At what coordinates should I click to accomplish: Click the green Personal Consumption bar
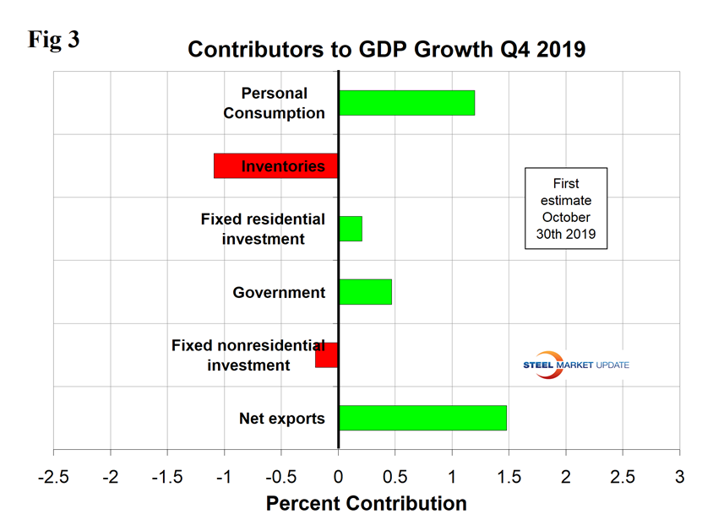pos(406,103)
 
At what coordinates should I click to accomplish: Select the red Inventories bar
pos(275,166)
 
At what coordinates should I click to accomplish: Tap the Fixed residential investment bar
pos(351,229)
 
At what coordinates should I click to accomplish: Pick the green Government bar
pos(365,292)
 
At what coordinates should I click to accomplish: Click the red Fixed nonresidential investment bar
pos(327,355)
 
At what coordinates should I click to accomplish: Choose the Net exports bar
pos(422,418)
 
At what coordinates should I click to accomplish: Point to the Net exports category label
pos(282,418)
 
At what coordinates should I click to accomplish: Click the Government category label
pos(279,293)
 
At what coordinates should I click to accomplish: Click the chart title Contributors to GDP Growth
pos(386,49)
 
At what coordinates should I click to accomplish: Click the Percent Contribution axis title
pos(366,504)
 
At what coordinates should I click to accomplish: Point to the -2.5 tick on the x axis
pos(53,475)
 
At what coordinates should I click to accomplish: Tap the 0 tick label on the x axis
pos(338,475)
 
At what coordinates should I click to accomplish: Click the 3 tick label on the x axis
pos(679,475)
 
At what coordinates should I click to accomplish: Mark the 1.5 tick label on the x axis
pos(509,475)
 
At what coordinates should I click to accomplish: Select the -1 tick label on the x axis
pos(224,475)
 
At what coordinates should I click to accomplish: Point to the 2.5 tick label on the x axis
pos(623,475)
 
